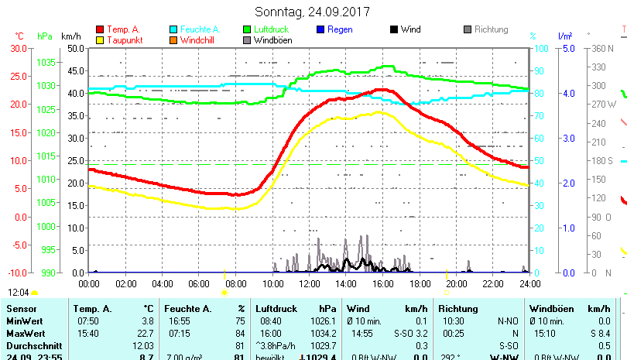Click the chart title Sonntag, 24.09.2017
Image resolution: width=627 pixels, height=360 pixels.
click(x=312, y=12)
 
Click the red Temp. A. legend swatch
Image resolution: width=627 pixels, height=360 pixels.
click(x=100, y=29)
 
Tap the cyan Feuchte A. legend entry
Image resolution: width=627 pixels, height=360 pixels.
click(x=194, y=29)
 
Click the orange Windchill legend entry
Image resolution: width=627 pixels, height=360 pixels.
click(x=194, y=40)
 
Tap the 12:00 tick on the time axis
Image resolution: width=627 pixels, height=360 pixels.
click(x=309, y=284)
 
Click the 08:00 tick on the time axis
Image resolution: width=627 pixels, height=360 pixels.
click(x=235, y=284)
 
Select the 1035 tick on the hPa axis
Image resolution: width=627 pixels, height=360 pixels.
click(x=46, y=62)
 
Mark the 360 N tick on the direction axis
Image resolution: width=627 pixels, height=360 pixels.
click(x=601, y=48)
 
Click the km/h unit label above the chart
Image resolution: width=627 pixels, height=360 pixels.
click(x=70, y=36)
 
